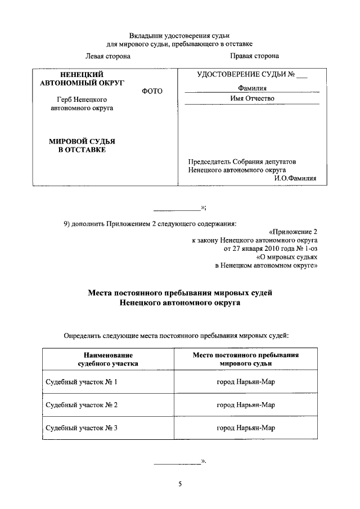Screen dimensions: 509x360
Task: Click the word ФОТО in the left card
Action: [x=152, y=91]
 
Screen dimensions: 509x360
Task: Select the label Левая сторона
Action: [x=108, y=56]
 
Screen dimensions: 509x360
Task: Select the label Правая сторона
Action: [x=254, y=56]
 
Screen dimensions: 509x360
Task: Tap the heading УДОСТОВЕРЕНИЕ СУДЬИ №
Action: [x=251, y=75]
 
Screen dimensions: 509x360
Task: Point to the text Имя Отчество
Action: [x=252, y=98]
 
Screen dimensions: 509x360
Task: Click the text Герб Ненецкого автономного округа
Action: [x=82, y=103]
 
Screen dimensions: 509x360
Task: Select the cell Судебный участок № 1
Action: [x=81, y=382]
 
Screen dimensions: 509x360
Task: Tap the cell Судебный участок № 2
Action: [x=81, y=404]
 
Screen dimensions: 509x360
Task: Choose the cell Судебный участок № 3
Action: [x=81, y=427]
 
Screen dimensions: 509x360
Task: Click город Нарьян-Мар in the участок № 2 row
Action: [x=246, y=404]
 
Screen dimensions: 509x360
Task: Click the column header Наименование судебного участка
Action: [x=107, y=359]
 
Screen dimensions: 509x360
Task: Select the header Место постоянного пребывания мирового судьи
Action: [x=245, y=359]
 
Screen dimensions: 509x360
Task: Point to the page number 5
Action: [x=180, y=484]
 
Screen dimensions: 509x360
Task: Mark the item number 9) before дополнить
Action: [x=67, y=223]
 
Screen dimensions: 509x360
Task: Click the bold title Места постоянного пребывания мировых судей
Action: [x=180, y=293]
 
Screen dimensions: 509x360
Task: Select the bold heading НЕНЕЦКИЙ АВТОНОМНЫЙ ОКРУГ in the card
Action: [x=82, y=78]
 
